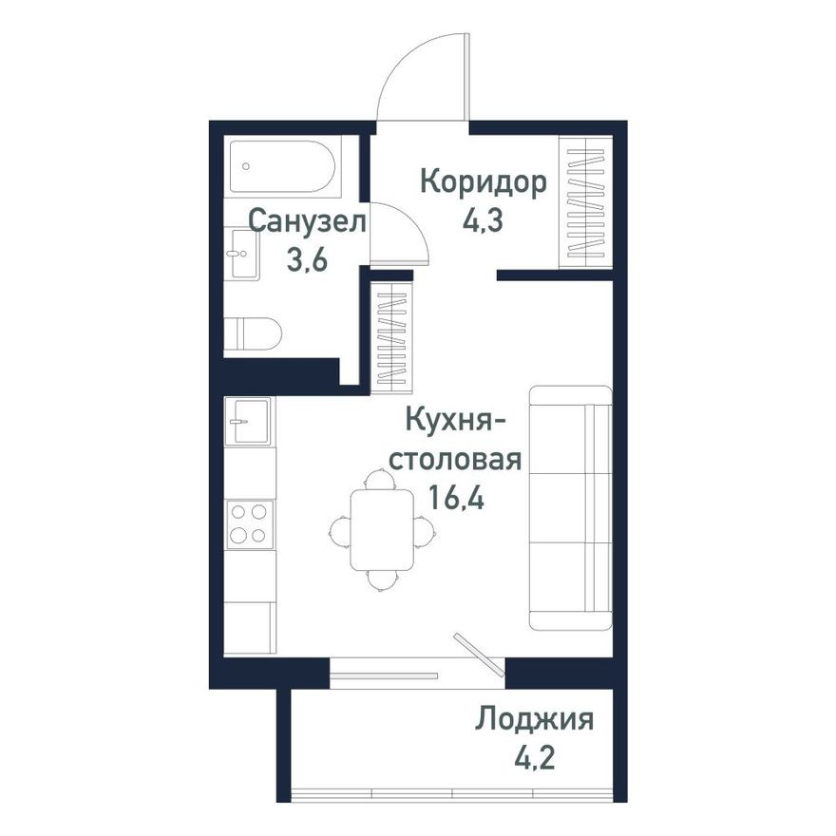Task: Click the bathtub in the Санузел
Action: click(282, 166)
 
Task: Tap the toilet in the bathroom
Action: click(257, 333)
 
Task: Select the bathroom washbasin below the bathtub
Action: click(244, 254)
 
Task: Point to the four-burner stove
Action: click(250, 523)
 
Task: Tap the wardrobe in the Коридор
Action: click(585, 201)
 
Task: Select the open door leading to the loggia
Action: click(480, 655)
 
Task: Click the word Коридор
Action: click(484, 181)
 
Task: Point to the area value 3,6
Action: click(307, 260)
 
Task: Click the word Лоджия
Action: click(536, 719)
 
